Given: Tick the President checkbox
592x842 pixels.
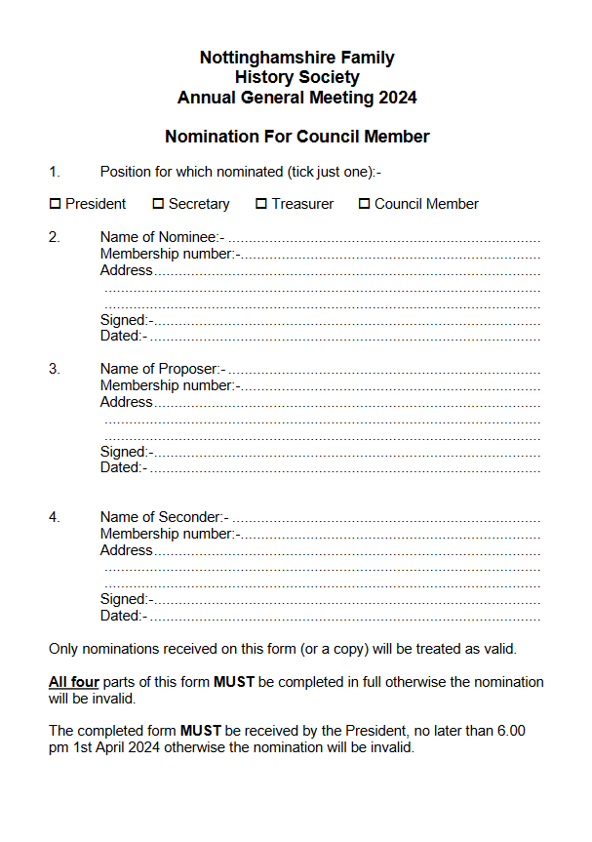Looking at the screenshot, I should [55, 204].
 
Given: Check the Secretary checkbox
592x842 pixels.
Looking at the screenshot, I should [158, 204].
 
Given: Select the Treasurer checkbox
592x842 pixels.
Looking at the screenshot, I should [261, 204].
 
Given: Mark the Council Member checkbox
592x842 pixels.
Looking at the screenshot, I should [365, 204].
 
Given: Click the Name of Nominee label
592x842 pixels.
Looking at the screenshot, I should [162, 237].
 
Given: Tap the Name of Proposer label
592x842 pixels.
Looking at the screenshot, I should [163, 369].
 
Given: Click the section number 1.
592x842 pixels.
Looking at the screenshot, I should [54, 172].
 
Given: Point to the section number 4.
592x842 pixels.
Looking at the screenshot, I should [54, 517].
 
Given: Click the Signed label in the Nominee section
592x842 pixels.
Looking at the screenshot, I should [126, 320].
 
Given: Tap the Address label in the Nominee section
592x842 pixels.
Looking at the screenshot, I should [126, 270].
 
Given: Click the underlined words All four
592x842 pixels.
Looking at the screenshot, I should [73, 682].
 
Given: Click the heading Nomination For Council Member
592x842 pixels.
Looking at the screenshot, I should [296, 137].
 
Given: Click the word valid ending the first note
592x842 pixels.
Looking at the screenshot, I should [497, 649].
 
